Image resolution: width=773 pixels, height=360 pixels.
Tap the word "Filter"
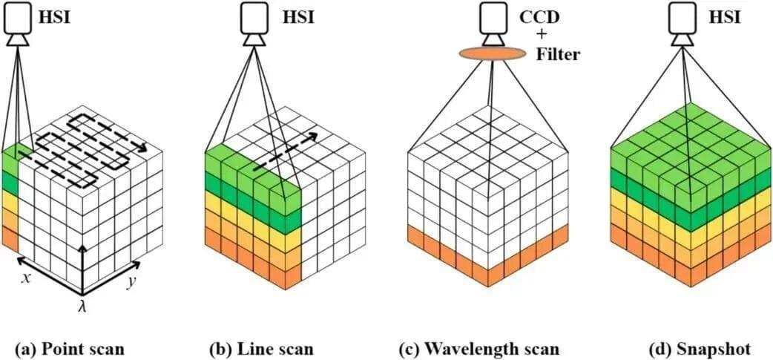tap(559, 54)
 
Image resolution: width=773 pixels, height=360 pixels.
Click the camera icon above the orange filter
tap(492, 22)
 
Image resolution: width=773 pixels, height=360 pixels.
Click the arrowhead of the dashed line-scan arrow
tap(315, 137)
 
